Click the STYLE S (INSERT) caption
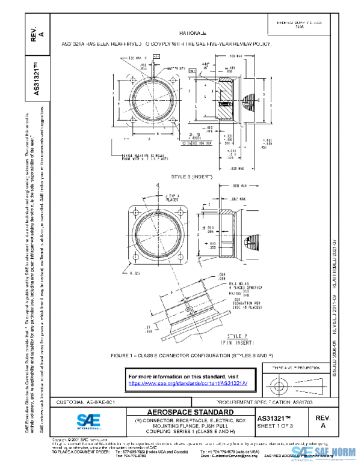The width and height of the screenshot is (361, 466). (x=192, y=177)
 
